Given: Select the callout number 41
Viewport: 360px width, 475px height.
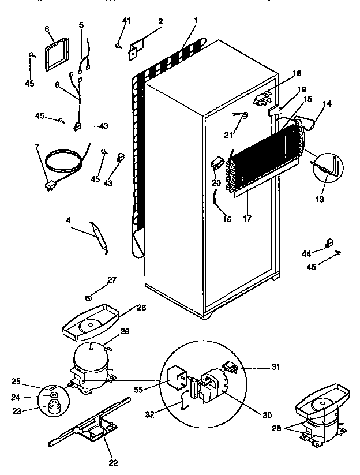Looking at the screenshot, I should click(127, 21).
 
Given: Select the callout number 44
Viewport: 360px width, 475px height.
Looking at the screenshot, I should click(306, 252).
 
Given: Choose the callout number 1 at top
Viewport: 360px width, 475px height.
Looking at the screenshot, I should click(196, 21).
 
